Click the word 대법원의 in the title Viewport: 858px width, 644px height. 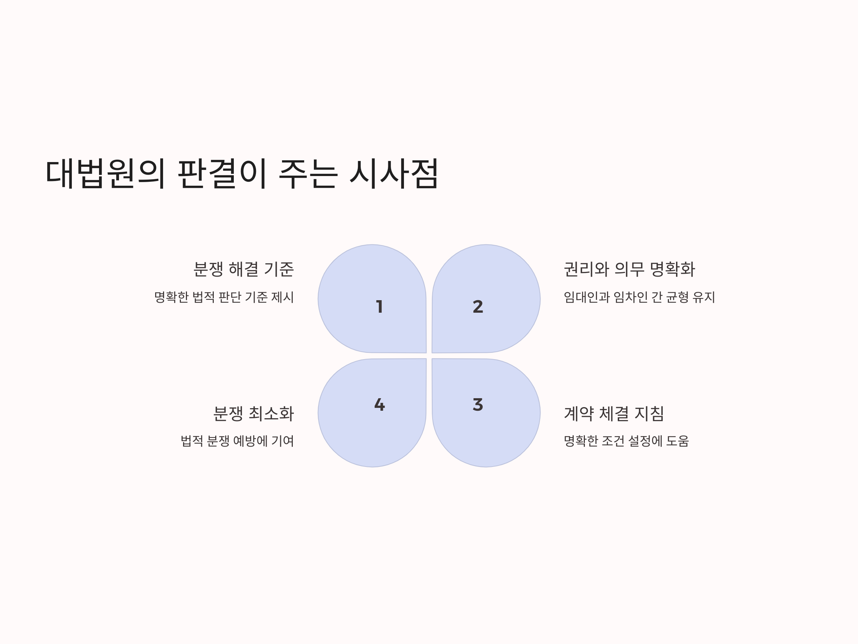105,174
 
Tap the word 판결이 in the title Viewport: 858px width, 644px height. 222,174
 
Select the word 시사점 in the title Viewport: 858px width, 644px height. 393,174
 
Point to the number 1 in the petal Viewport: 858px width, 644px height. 379,307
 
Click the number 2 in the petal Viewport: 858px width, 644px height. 478,307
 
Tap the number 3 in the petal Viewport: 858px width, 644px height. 478,405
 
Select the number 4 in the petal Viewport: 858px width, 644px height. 379,405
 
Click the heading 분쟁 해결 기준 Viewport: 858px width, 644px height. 243,269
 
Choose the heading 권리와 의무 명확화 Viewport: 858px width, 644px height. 629,269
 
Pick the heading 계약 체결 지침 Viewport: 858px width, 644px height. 613,414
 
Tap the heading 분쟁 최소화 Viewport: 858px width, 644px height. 254,414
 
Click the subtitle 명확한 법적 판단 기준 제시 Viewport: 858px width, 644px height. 224,297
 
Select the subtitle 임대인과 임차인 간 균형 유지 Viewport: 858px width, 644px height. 639,297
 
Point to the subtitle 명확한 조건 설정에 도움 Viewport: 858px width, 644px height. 626,441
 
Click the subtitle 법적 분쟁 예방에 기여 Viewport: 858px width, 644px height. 237,441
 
